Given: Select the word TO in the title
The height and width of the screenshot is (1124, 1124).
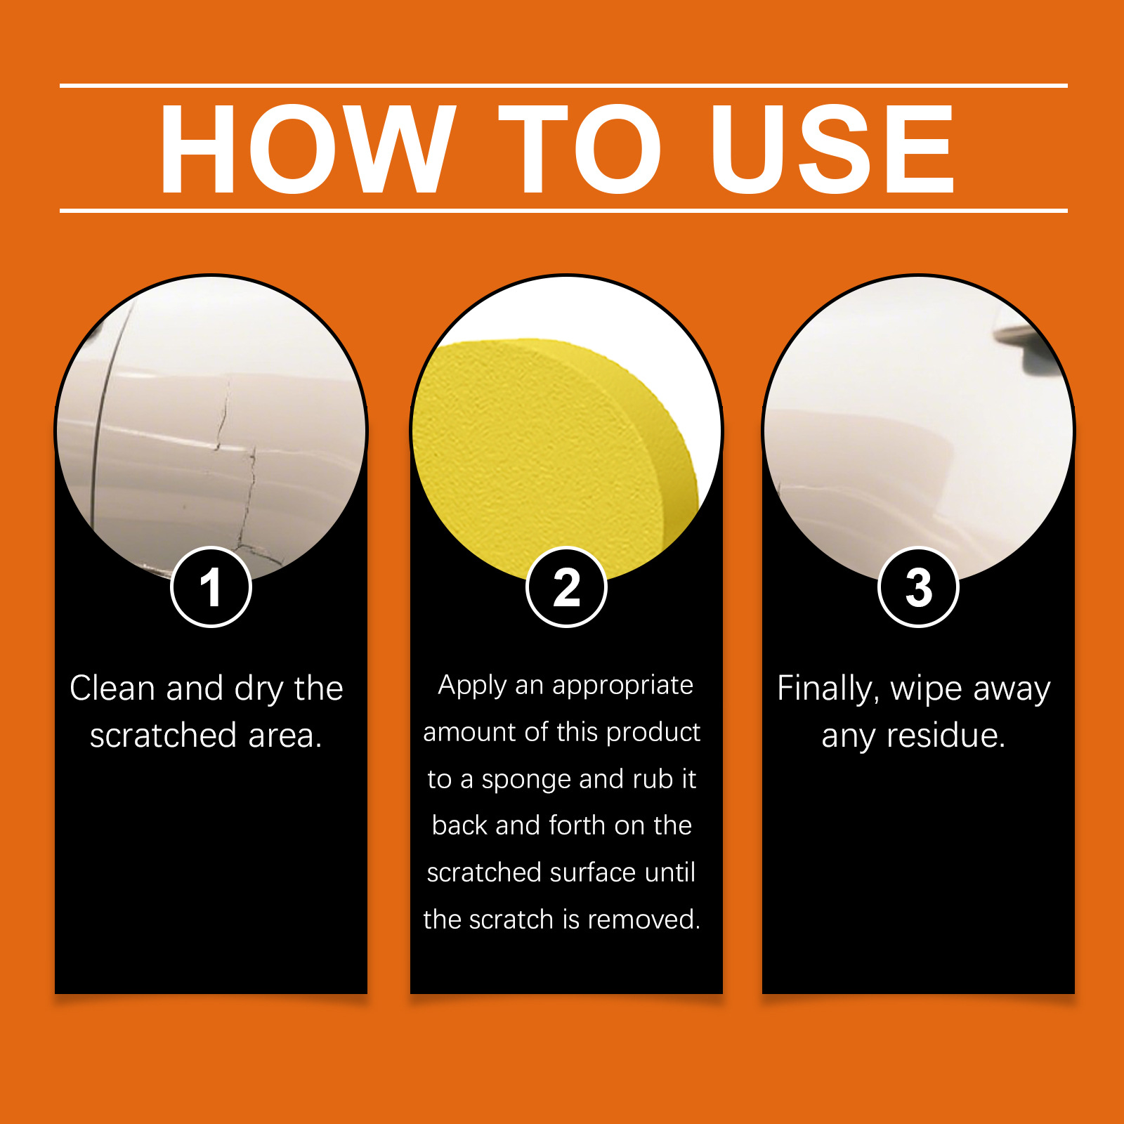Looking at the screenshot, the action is [580, 148].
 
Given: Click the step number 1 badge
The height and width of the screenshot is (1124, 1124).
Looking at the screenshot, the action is [211, 587].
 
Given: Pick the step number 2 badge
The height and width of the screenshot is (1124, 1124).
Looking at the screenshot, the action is [566, 587].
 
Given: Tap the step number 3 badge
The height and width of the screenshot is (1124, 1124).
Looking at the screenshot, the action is [918, 587].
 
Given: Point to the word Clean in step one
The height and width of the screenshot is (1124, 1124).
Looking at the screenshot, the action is [112, 688].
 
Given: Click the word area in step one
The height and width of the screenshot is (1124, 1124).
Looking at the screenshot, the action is [285, 736].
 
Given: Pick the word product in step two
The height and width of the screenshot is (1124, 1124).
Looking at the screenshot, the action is [653, 733].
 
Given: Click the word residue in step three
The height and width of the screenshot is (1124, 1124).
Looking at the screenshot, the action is [946, 736].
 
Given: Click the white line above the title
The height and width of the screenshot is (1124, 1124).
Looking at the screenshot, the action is [563, 86].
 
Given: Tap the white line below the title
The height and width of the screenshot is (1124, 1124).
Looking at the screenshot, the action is [563, 210].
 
